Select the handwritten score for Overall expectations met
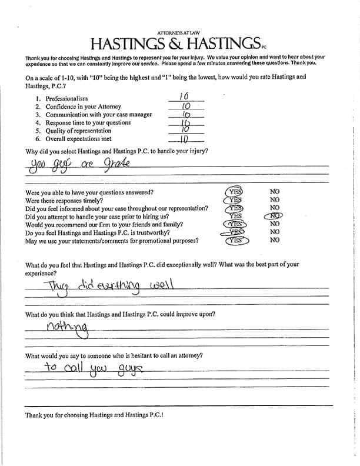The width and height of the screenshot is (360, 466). [184, 139]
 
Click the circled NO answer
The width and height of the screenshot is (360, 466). [274, 216]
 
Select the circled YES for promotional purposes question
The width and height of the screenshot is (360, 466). [235, 241]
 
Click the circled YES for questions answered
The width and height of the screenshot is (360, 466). [235, 192]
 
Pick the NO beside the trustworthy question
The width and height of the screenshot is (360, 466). [274, 232]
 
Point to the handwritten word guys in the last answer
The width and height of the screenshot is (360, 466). [128, 369]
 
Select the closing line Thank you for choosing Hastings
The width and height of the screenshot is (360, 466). [94, 415]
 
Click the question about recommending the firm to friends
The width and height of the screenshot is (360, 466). [105, 225]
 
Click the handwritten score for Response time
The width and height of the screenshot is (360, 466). [184, 122]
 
